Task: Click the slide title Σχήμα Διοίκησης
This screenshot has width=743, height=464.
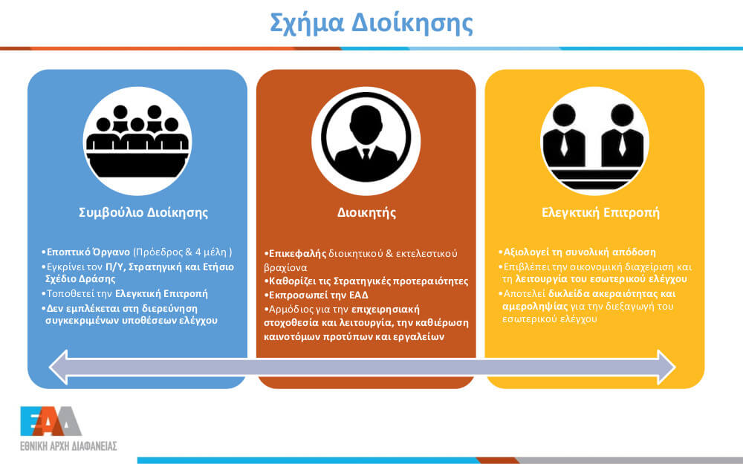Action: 371,24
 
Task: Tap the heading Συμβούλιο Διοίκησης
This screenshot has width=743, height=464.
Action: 143,212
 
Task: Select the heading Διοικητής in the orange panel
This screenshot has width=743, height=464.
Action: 366,212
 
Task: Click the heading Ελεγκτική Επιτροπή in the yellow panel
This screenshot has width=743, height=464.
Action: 600,212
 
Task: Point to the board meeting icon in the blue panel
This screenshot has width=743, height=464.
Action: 137,141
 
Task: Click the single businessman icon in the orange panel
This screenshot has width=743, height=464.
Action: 366,141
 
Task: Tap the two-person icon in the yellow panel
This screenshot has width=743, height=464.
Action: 594,141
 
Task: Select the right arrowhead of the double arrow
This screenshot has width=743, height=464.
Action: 665,367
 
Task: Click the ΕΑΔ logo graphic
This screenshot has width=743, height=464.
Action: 51,421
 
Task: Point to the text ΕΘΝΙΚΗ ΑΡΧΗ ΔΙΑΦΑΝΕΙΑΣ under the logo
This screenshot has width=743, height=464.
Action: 68,445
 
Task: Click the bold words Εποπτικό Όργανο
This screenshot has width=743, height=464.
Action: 88,252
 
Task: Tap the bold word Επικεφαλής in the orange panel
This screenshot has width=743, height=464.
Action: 298,253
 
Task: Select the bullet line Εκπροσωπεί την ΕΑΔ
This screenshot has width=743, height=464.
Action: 317,295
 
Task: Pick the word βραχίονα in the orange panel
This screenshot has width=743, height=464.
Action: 285,267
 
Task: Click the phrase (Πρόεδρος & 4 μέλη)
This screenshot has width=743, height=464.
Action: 183,252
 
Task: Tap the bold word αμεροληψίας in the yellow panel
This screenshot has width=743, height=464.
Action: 535,307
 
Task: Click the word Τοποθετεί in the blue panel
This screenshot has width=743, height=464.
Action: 70,293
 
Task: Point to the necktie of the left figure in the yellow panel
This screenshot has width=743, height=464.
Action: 564,145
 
